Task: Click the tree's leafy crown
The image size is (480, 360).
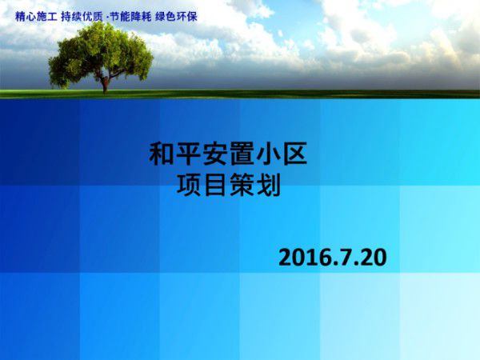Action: click(100, 52)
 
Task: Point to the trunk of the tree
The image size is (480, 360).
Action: click(105, 82)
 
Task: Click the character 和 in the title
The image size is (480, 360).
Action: click(162, 154)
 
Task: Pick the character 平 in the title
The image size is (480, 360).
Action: click(189, 154)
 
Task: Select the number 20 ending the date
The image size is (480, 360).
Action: click(372, 258)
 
